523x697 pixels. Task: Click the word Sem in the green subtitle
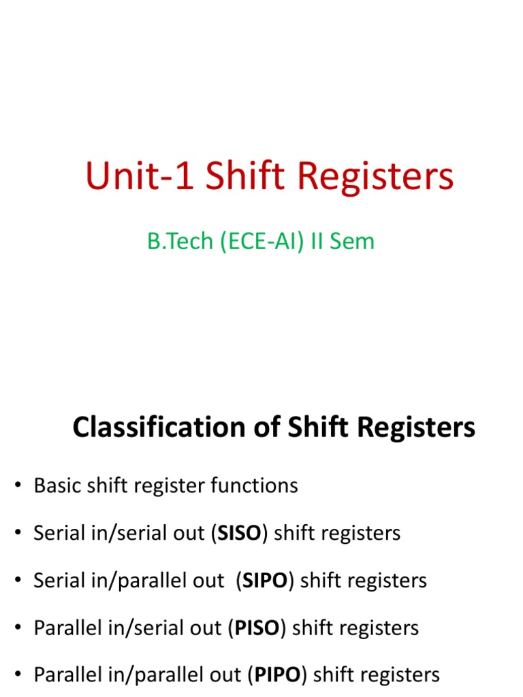tap(353, 241)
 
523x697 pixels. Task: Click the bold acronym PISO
tap(257, 628)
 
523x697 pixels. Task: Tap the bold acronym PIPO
tap(278, 675)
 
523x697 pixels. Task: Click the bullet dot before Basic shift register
tap(18, 486)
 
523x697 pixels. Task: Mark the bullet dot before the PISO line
tap(18, 628)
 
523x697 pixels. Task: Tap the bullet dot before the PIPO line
tap(18, 675)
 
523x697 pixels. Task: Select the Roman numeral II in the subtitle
tap(318, 241)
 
